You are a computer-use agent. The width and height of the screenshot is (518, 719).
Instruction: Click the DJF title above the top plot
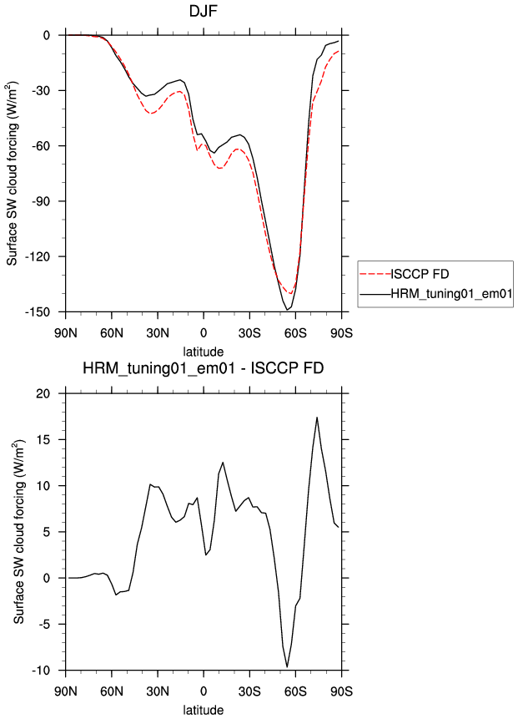coord(204,12)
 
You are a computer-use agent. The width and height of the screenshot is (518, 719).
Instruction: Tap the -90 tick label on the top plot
coord(46,201)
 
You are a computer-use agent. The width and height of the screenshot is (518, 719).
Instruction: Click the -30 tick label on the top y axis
coord(46,90)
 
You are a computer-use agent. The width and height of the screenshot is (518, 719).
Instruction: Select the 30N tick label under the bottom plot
coord(158,692)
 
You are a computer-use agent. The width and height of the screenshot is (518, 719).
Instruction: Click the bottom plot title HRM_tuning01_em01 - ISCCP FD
coord(204,368)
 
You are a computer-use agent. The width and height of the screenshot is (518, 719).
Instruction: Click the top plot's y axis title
coord(14,174)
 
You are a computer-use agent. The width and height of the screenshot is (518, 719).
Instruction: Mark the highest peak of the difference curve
coord(317,418)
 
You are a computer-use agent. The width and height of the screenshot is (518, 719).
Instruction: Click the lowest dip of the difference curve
coord(288,666)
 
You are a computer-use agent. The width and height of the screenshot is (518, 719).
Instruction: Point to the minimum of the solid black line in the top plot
coord(289,310)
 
